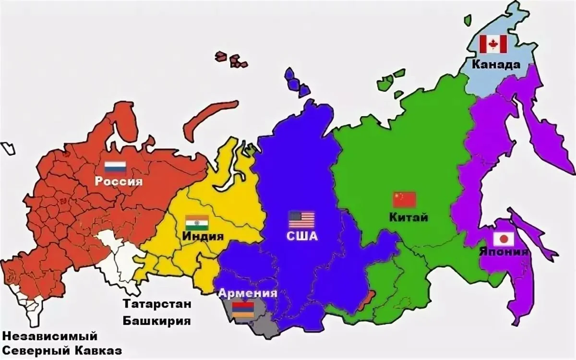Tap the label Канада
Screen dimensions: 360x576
495,64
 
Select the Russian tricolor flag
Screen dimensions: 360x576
115,167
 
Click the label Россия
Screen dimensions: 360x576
119,181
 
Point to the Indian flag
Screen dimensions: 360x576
197,222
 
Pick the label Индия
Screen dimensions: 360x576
203,237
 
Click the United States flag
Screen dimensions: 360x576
301,220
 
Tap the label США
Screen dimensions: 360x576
302,236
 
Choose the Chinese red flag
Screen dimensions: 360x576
404,199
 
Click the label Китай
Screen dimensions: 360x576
409,217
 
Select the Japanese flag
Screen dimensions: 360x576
504,239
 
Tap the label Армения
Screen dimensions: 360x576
248,294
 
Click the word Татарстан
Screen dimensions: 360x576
157,305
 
